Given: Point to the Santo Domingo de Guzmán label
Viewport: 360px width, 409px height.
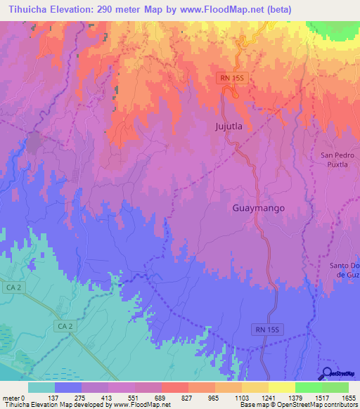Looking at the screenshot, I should [344, 270].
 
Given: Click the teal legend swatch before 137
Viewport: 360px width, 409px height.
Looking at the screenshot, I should [41, 387].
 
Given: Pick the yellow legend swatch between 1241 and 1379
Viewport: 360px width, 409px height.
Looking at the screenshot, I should [281, 387].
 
